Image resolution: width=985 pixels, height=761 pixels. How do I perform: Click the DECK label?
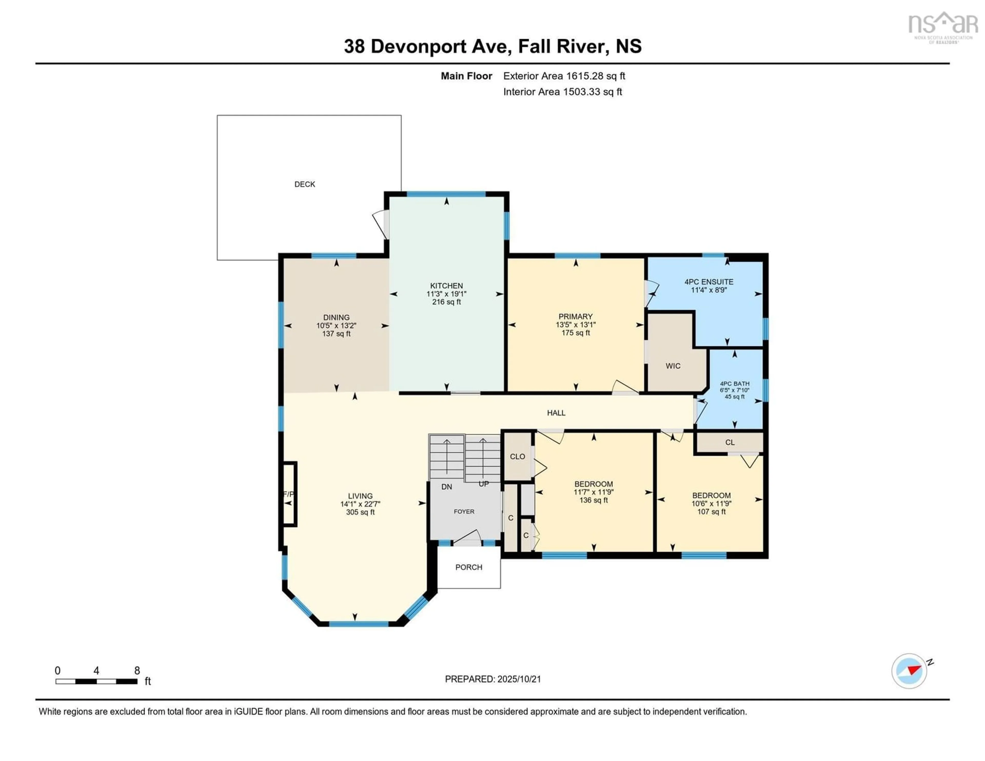(304, 184)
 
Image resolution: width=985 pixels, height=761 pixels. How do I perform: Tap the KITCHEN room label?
(446, 286)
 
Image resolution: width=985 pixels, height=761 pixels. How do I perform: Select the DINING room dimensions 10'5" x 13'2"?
(336, 325)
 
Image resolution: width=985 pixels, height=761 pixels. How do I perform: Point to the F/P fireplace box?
(288, 494)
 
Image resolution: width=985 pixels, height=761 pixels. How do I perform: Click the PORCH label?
(469, 567)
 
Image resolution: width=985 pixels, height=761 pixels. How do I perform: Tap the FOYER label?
(464, 512)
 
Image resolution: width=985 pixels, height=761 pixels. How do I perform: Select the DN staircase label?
(447, 487)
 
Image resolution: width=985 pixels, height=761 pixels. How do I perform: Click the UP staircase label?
(484, 484)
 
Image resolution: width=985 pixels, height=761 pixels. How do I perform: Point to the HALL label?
(556, 413)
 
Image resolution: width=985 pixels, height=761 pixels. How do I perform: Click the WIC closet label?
(673, 366)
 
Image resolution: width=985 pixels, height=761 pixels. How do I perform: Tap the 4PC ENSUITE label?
(708, 281)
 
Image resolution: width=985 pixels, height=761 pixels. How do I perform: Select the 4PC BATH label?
(734, 383)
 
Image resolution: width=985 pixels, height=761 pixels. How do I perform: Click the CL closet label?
(730, 443)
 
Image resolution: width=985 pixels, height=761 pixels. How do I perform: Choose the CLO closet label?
(517, 456)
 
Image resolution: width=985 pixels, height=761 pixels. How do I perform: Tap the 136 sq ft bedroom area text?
(594, 500)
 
